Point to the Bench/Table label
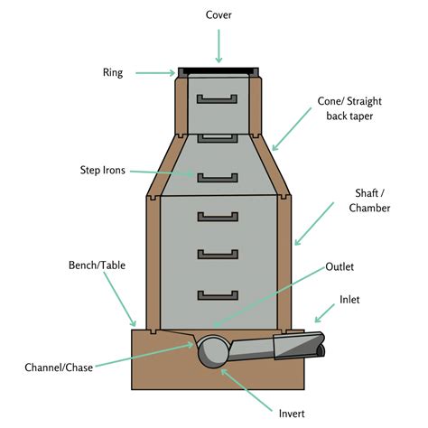[98, 265]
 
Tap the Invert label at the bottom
[292, 413]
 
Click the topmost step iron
[217, 97]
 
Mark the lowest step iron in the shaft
[217, 294]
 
